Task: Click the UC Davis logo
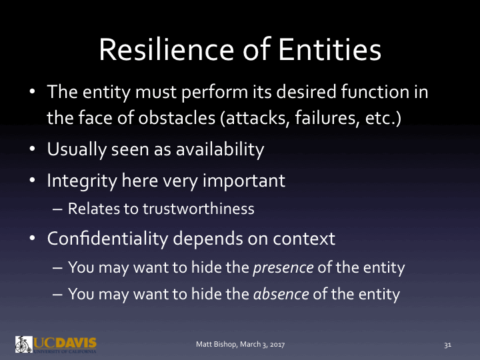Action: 56,343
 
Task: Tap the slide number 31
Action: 448,345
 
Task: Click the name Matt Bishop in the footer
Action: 215,344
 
